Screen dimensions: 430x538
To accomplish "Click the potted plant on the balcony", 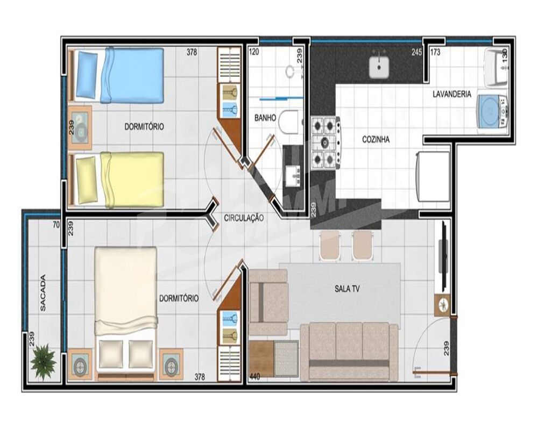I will (43, 362).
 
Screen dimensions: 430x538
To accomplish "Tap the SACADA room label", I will (43, 293).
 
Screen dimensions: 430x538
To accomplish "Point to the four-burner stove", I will (325, 143).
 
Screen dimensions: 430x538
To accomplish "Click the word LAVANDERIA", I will (452, 94).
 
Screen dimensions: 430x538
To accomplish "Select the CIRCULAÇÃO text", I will (244, 218).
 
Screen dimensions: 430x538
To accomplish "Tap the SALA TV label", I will (347, 289).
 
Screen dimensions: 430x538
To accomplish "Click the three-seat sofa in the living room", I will (349, 352).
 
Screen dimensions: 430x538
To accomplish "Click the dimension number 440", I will (254, 377).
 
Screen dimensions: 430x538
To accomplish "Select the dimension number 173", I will (436, 53).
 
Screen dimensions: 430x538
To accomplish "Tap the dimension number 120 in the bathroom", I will (254, 53).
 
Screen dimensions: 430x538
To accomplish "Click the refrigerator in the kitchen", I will (434, 176).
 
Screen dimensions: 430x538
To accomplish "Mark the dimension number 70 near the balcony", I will (56, 225).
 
